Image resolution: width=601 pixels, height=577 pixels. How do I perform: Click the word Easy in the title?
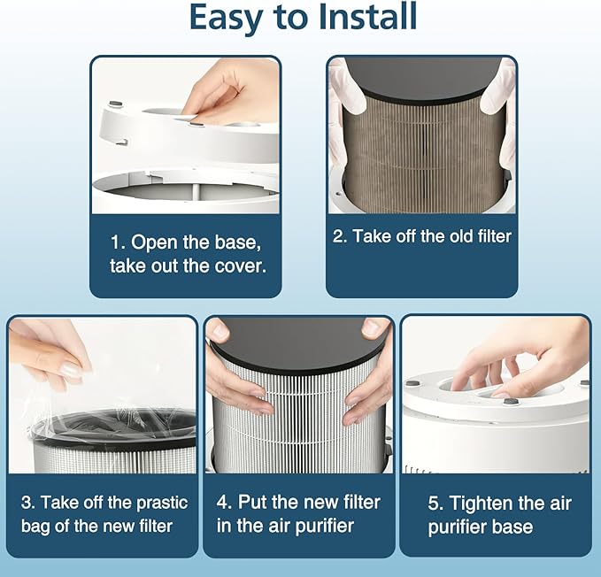(222, 17)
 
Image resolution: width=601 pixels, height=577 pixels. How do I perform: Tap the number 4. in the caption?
(224, 503)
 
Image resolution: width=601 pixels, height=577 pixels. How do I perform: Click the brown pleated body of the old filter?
(421, 150)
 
